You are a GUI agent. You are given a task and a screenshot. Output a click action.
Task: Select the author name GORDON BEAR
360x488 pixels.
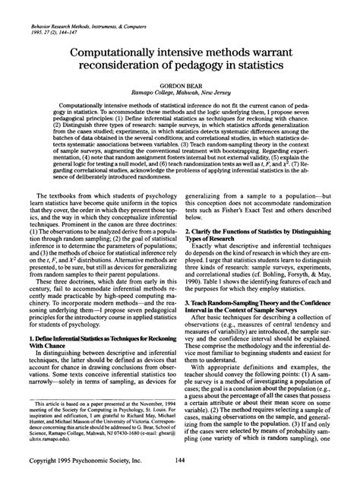coord(180,90)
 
